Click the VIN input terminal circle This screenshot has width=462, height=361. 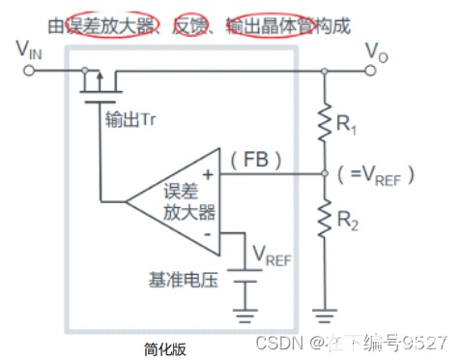pyautogui.click(x=29, y=71)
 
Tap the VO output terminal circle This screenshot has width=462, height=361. pyautogui.click(x=370, y=70)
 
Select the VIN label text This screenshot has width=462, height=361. pyautogui.click(x=29, y=50)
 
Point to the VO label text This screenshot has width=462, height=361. pyautogui.click(x=376, y=52)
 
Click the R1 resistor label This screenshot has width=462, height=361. pyautogui.click(x=346, y=124)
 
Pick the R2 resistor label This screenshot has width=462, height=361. pyautogui.click(x=347, y=221)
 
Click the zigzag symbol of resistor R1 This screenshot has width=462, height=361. pyautogui.click(x=325, y=122)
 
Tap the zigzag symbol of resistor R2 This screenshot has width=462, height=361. pyautogui.click(x=325, y=219)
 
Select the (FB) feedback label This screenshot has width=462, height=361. pyautogui.click(x=256, y=160)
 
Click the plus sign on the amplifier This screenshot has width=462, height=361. pyautogui.click(x=208, y=174)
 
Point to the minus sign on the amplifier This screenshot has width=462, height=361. pyautogui.click(x=208, y=234)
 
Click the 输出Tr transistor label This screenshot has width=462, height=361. pyautogui.click(x=130, y=120)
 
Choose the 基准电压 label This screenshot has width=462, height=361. pyautogui.click(x=183, y=280)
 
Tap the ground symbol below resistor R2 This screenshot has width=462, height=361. pyautogui.click(x=325, y=316)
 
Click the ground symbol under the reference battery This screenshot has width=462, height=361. pyautogui.click(x=245, y=316)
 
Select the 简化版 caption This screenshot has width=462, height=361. pyautogui.click(x=165, y=349)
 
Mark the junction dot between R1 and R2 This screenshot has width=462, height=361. pyautogui.click(x=325, y=173)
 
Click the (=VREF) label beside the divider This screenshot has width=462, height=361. pyautogui.click(x=376, y=175)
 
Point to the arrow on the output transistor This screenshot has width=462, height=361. pyautogui.click(x=100, y=81)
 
